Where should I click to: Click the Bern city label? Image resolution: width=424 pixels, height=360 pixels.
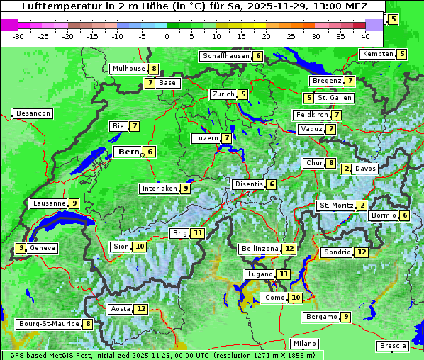coord(128,152)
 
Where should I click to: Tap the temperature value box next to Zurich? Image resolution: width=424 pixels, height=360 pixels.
coord(242,94)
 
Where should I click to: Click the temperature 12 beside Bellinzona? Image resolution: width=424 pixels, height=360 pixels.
coord(289,249)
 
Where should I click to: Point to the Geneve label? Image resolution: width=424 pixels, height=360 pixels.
coord(43,248)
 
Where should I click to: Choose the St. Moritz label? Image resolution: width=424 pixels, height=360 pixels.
coord(335,206)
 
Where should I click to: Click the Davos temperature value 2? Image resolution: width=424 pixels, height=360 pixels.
coord(347,169)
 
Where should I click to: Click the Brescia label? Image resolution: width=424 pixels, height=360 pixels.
coord(393,346)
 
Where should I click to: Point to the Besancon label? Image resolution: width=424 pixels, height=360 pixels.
coord(33,113)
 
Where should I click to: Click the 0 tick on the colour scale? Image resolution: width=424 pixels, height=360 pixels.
coord(167,35)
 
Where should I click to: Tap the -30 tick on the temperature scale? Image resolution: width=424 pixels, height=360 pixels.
coord(18,35)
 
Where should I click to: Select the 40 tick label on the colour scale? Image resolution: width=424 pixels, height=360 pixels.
coord(365,35)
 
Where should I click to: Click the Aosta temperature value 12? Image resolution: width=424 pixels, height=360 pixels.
coord(141,309)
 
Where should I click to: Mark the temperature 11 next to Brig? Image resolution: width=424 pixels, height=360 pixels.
coord(198,233)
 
